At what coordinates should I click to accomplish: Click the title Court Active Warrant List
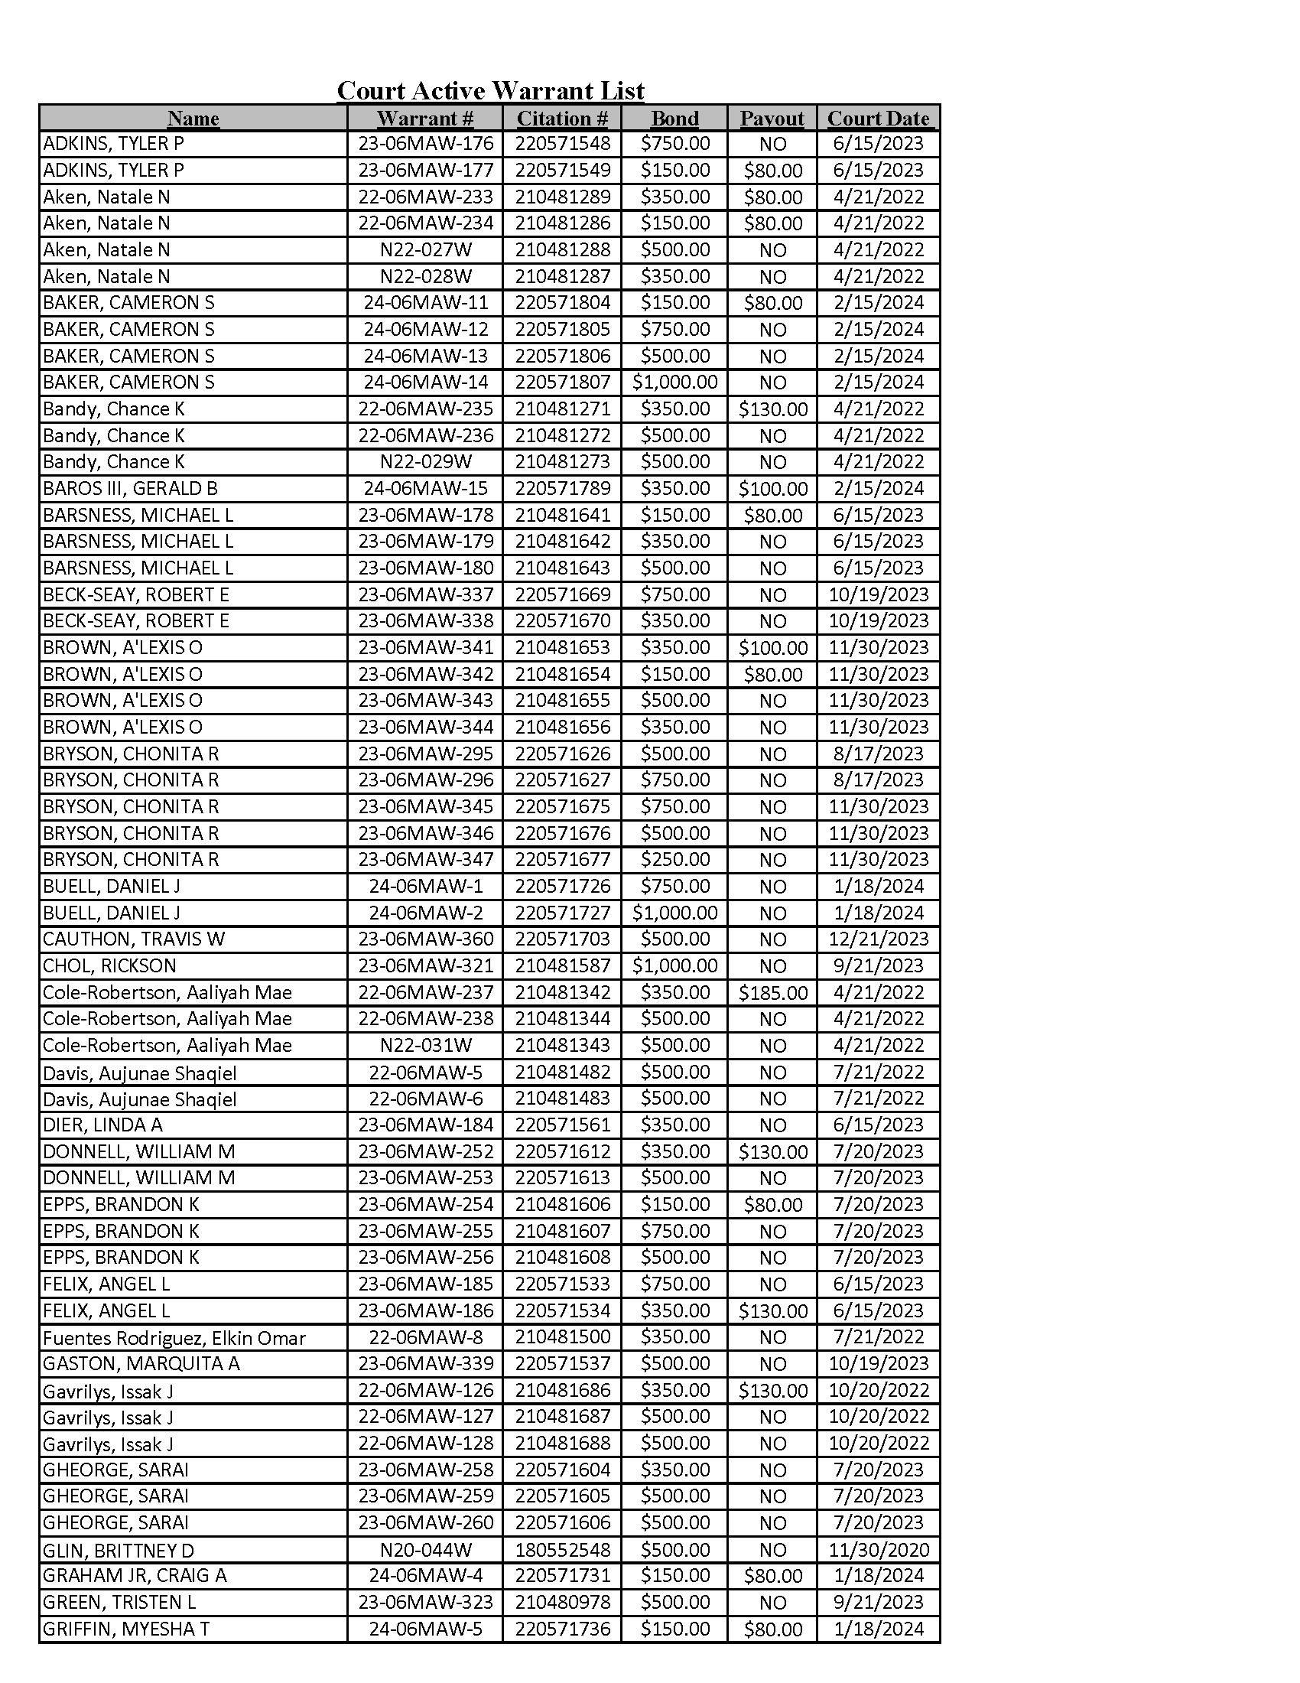coord(491,91)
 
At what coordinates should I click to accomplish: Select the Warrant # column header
coord(425,119)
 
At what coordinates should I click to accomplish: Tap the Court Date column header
coord(878,119)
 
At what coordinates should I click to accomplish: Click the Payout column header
coord(772,119)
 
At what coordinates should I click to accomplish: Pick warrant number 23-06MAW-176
coord(425,144)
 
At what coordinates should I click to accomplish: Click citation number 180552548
coord(562,1549)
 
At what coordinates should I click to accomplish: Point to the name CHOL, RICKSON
coord(109,965)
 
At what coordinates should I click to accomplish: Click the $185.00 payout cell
coord(772,992)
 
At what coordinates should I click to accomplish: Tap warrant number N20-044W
coord(425,1549)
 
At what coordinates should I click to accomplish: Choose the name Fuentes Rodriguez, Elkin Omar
coord(174,1338)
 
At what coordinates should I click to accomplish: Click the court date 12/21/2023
coord(878,939)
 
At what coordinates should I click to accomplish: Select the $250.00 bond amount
coord(674,859)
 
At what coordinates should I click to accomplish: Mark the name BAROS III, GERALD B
coord(130,489)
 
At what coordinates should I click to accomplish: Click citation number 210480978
coord(562,1602)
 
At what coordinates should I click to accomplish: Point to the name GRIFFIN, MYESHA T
coord(126,1629)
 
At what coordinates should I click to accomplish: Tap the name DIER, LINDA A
coord(102,1125)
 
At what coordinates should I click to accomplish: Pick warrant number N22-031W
coord(425,1046)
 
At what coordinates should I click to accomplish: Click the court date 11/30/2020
coord(878,1549)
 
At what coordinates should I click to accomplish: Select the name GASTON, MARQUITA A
coord(141,1363)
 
